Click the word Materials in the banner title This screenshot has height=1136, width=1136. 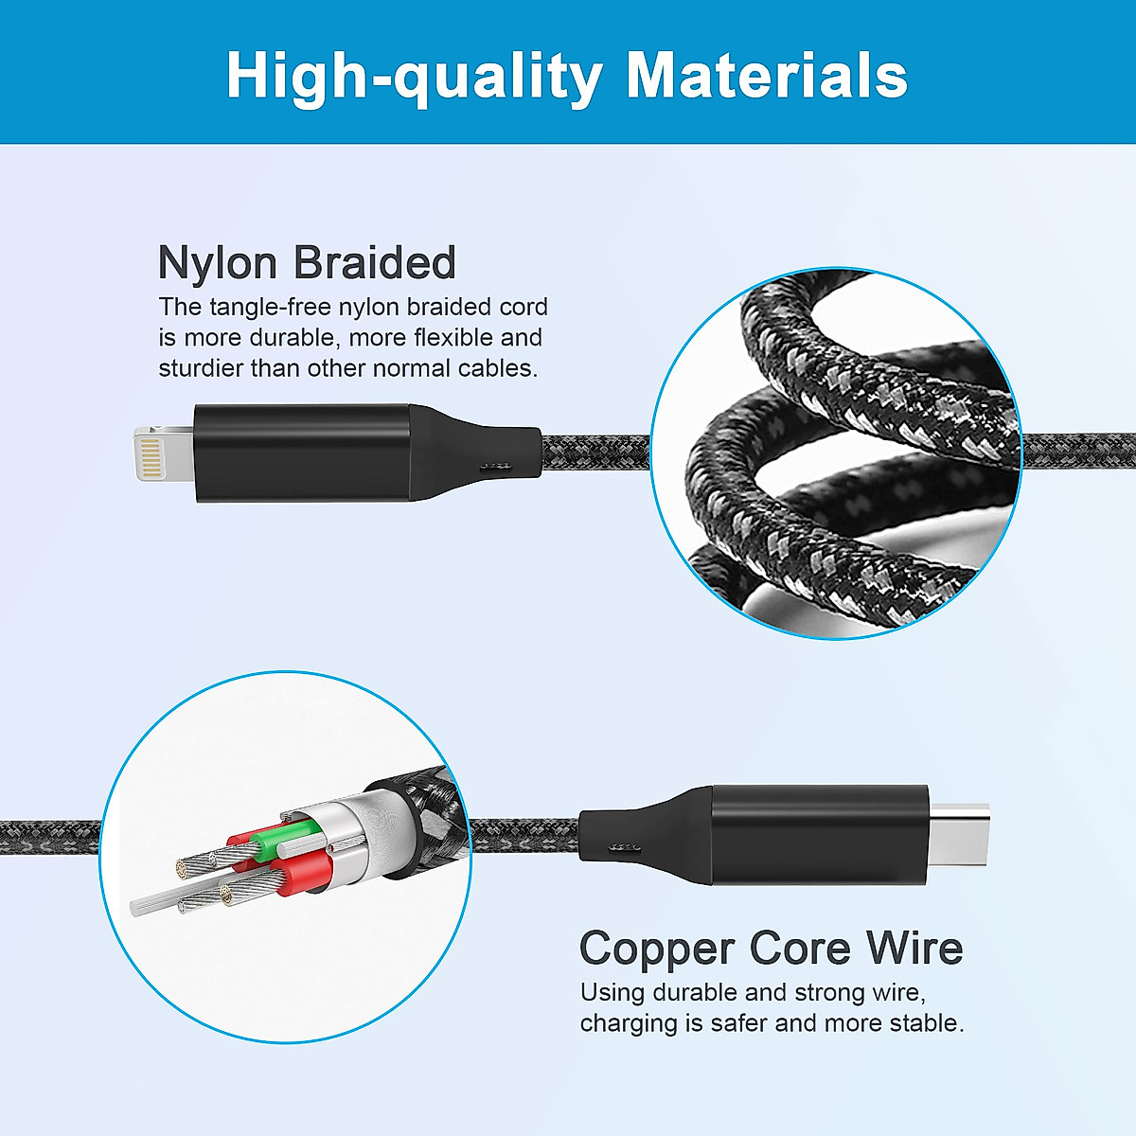click(x=767, y=75)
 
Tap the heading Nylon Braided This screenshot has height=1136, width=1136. click(x=307, y=262)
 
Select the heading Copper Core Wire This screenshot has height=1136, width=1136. click(x=771, y=948)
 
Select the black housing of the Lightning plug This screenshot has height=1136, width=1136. click(x=303, y=453)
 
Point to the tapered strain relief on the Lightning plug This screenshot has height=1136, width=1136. click(x=473, y=453)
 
